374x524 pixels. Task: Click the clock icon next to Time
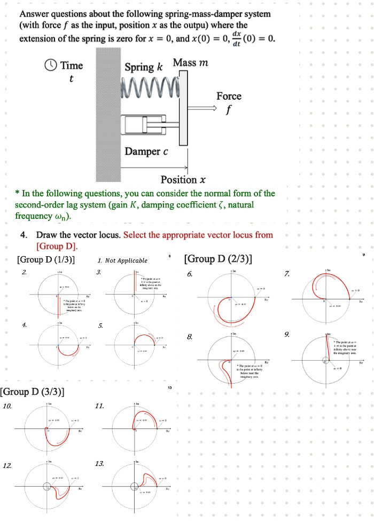(x=51, y=66)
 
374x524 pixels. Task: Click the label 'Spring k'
(x=143, y=67)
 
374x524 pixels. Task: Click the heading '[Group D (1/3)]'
(x=46, y=260)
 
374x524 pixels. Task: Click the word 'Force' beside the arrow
(x=229, y=96)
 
